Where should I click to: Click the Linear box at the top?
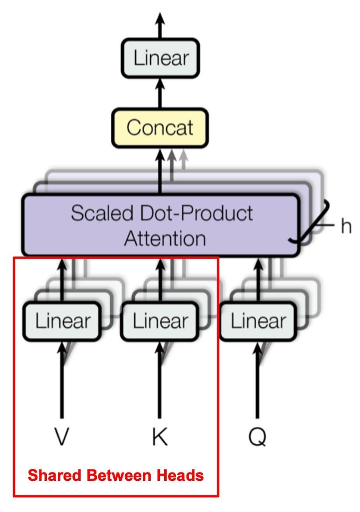pos(160,58)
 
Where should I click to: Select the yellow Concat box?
pos(160,128)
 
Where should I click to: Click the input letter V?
pos(62,437)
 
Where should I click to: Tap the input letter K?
pos(159,437)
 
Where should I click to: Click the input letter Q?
pos(258,437)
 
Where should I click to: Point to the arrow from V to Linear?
pos(62,381)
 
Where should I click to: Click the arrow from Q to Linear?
pos(258,381)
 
